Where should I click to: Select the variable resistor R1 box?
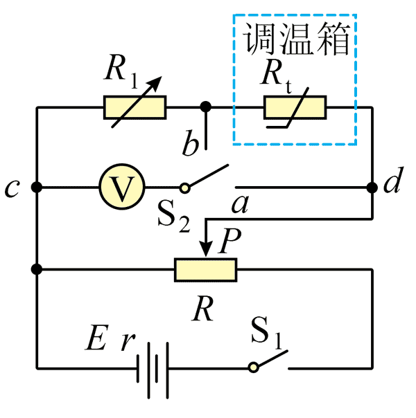pyautogui.click(x=135, y=108)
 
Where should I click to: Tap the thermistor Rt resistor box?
pyautogui.click(x=295, y=108)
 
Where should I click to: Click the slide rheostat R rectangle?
pyautogui.click(x=206, y=269)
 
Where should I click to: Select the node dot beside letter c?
pyautogui.click(x=37, y=187)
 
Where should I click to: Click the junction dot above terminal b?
pyautogui.click(x=205, y=107)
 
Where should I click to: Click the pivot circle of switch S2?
pyautogui.click(x=184, y=187)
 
